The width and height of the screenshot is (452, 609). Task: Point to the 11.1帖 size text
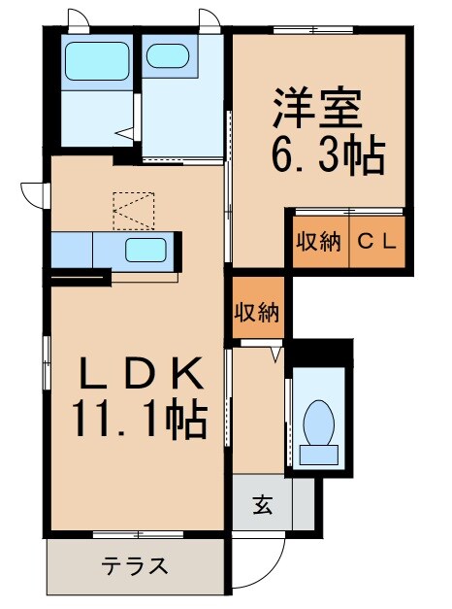pos(138,420)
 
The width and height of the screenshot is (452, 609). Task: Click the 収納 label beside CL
pos(318,242)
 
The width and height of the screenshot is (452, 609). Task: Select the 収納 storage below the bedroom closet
pos(256,312)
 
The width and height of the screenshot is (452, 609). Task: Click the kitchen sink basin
pos(145,249)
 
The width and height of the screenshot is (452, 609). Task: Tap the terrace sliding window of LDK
pos(137,533)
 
